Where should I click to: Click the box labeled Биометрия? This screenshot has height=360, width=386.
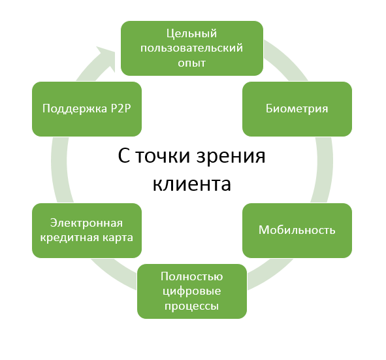pyautogui.click(x=297, y=109)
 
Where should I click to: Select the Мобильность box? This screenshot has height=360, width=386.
pyautogui.click(x=297, y=231)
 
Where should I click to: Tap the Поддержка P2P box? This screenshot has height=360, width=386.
pyautogui.click(x=87, y=109)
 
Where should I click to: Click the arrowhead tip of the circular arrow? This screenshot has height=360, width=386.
pyautogui.click(x=115, y=52)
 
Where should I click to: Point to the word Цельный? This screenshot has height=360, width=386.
pyautogui.click(x=192, y=33)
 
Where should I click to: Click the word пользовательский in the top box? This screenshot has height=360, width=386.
pyautogui.click(x=192, y=48)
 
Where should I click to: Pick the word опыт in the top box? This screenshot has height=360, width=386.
pyautogui.click(x=192, y=63)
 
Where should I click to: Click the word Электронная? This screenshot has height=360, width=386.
pyautogui.click(x=86, y=223)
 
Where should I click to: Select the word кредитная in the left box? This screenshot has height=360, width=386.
pyautogui.click(x=68, y=238)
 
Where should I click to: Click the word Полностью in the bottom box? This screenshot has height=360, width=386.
pyautogui.click(x=192, y=276)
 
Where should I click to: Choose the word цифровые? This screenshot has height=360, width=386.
pyautogui.click(x=192, y=291)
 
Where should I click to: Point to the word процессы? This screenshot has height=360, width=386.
pyautogui.click(x=192, y=306)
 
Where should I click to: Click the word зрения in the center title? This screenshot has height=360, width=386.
pyautogui.click(x=231, y=156)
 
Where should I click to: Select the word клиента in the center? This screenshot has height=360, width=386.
pyautogui.click(x=192, y=184)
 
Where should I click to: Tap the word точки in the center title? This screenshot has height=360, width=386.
pyautogui.click(x=163, y=155)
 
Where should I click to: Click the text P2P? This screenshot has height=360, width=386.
pyautogui.click(x=121, y=108)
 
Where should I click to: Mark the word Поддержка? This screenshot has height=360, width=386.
pyautogui.click(x=75, y=109)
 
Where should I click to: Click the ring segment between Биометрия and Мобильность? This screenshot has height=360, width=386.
pyautogui.click(x=324, y=170)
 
